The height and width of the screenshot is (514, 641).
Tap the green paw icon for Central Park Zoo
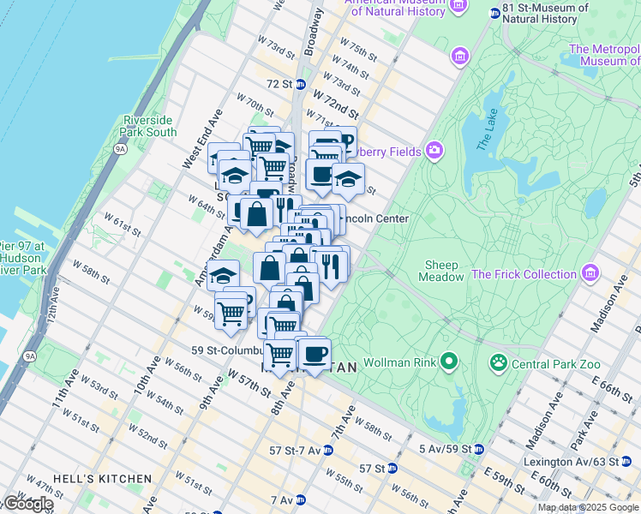pos(498,362)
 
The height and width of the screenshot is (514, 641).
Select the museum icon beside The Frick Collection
pos(589,274)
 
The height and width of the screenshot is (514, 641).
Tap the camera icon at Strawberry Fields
pos(434,152)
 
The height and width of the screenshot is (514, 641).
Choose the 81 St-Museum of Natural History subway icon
pos(494,13)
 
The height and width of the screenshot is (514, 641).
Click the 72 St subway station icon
pos(303,84)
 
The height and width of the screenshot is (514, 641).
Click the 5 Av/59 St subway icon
pos(477,449)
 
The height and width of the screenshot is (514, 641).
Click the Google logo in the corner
pos(27,504)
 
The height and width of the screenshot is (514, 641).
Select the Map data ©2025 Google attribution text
pos(588,507)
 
